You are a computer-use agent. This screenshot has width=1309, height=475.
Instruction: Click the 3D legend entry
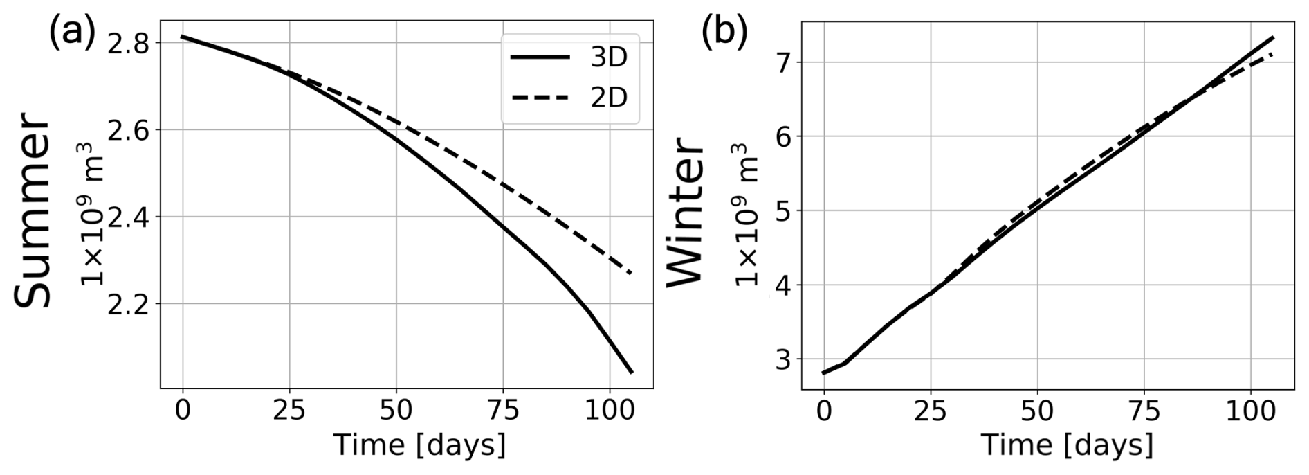[569, 58]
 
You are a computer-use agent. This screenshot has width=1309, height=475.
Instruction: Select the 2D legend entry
[569, 99]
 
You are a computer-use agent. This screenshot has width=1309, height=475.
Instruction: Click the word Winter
[685, 210]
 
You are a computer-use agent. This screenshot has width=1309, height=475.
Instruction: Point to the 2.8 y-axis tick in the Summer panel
[131, 44]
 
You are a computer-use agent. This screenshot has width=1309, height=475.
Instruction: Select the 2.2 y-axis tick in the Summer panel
[131, 304]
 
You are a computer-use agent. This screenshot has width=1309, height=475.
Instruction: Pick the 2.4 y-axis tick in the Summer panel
[131, 217]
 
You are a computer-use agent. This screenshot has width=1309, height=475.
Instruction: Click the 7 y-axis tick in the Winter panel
[785, 62]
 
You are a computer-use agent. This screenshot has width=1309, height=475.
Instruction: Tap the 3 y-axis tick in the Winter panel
[785, 359]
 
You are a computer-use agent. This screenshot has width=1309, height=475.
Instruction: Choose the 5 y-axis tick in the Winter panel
[785, 211]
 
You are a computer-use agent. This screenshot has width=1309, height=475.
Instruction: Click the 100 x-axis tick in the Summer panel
[610, 410]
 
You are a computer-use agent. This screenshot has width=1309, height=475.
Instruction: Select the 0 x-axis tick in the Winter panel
[823, 410]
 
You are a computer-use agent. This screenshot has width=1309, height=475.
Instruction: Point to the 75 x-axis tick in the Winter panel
[1144, 410]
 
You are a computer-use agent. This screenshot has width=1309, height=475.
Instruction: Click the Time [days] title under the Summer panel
[419, 445]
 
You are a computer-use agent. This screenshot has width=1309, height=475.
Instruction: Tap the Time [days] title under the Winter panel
[1067, 445]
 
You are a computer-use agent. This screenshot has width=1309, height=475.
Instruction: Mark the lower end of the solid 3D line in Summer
[631, 373]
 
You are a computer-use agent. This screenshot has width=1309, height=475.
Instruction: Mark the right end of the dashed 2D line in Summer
[631, 274]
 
